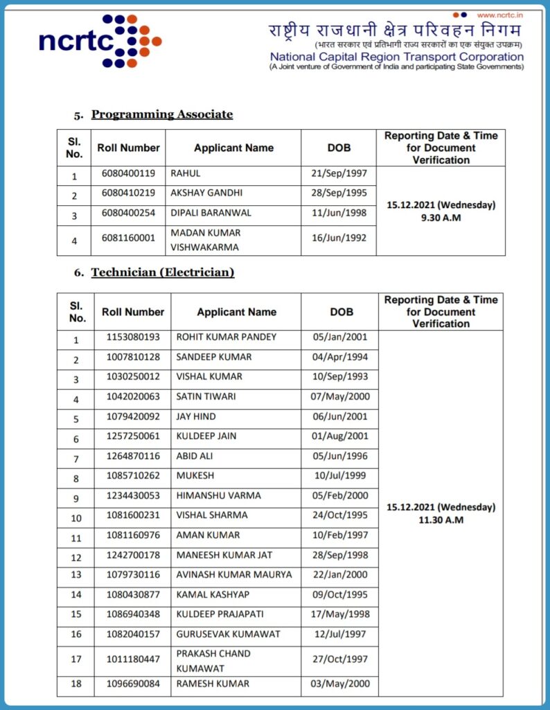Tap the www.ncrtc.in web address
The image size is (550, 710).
click(499, 15)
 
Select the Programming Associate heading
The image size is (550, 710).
click(162, 114)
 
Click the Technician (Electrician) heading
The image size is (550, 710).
click(163, 272)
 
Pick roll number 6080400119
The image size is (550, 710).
click(128, 173)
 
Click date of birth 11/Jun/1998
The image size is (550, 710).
click(339, 213)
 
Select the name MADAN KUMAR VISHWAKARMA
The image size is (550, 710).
click(206, 240)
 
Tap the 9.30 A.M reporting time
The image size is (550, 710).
click(441, 217)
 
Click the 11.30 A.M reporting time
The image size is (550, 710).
click(441, 519)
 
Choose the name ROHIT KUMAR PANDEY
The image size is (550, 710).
click(227, 337)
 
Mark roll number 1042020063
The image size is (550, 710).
click(133, 397)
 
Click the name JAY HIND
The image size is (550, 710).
click(196, 417)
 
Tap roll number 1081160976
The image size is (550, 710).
click(133, 535)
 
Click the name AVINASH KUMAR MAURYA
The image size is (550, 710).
click(234, 574)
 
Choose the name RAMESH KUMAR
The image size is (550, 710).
click(213, 684)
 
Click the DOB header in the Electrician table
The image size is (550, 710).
click(341, 312)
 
